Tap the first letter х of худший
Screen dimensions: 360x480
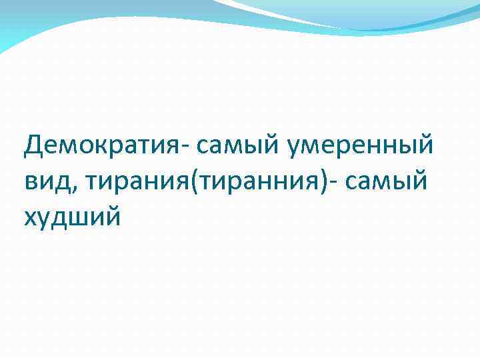(x=31, y=216)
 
